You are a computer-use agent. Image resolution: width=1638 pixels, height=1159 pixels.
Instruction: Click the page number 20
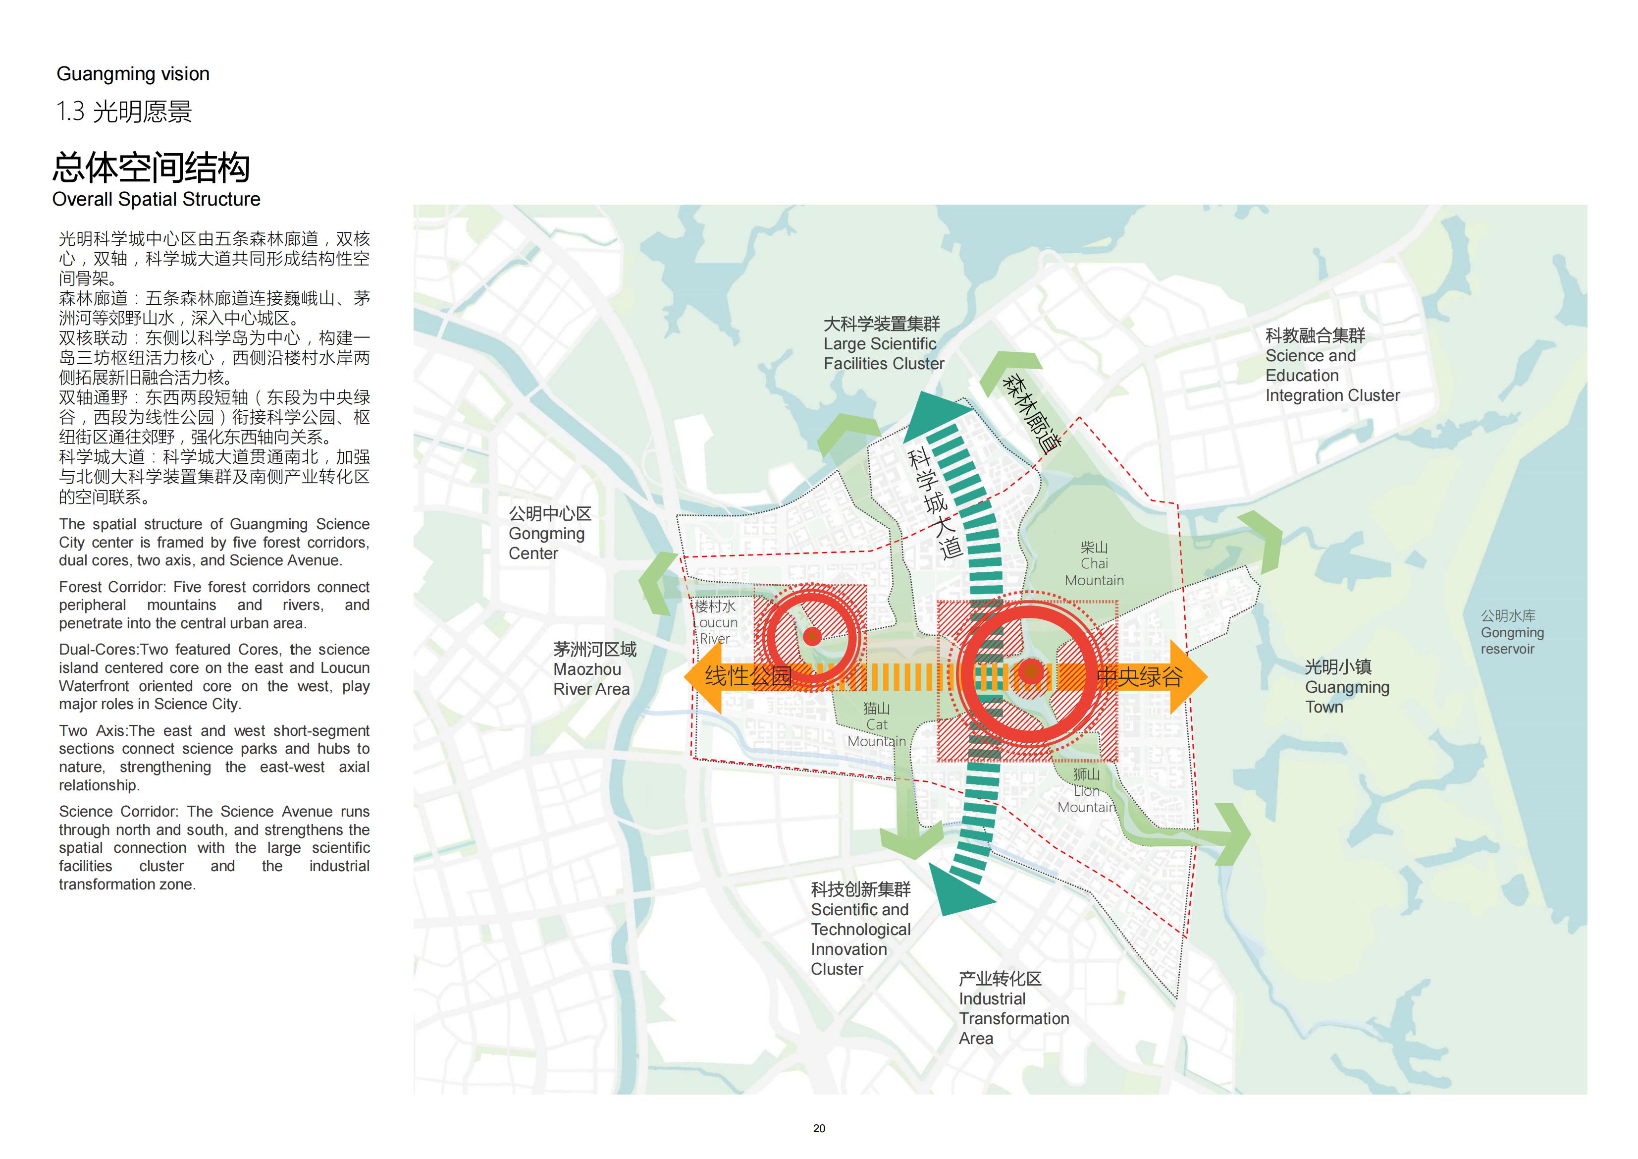point(819,1128)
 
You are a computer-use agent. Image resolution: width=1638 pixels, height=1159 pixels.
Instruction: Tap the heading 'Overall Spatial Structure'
point(156,199)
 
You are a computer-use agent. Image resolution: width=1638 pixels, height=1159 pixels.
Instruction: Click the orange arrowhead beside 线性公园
point(703,676)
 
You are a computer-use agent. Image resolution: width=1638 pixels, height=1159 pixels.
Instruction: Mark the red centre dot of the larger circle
point(1030,671)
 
